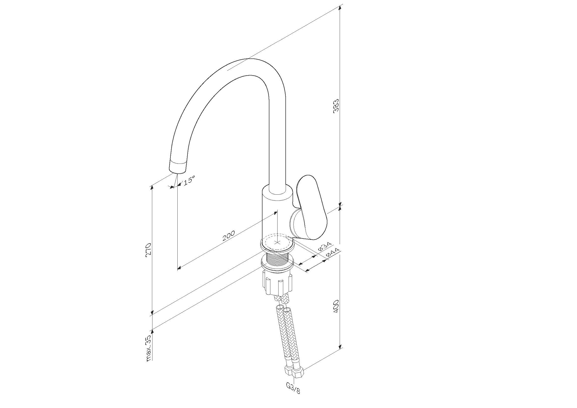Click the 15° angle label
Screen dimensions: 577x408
point(188,181)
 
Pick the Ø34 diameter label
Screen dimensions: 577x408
point(325,246)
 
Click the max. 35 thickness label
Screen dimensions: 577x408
point(149,348)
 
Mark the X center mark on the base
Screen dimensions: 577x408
point(277,242)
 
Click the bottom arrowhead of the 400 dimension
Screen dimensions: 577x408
point(340,345)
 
